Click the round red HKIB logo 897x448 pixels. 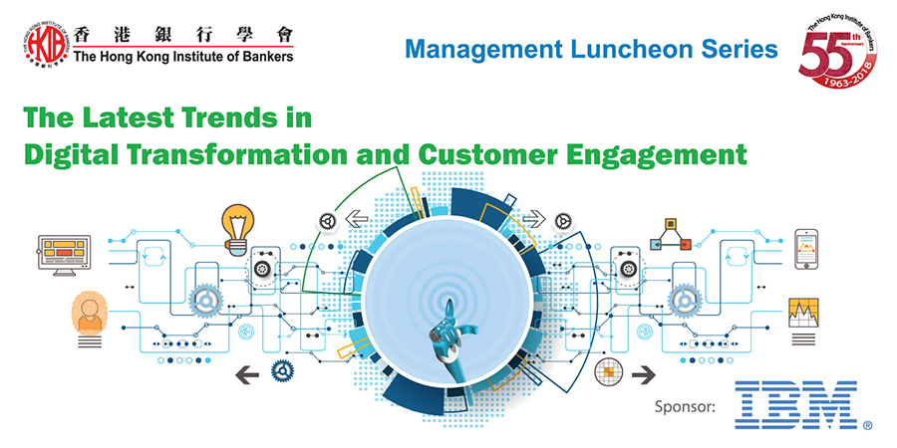(x=45, y=45)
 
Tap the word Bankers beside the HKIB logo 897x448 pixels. (x=266, y=57)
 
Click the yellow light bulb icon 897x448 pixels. (x=238, y=227)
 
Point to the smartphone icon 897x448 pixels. (x=805, y=249)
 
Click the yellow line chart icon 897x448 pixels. (x=803, y=314)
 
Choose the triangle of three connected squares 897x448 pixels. (x=671, y=233)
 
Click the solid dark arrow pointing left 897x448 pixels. (x=247, y=375)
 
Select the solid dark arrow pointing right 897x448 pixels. (x=644, y=375)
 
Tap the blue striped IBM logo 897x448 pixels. (x=795, y=405)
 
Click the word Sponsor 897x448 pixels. (x=686, y=408)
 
